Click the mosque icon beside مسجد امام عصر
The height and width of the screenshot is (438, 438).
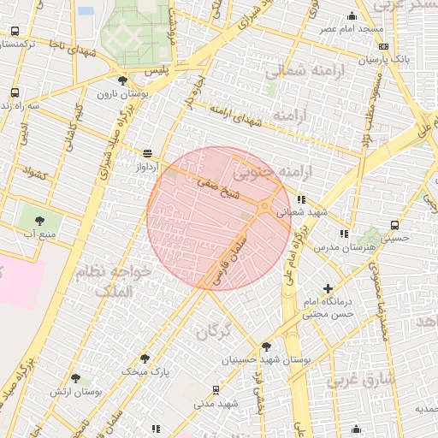352,15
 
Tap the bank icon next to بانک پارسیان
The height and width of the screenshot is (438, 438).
383,47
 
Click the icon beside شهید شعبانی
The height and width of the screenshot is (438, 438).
300,199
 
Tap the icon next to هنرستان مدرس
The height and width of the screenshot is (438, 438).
344,233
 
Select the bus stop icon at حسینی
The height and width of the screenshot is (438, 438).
394,226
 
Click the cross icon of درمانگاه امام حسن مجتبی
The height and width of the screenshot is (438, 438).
328,288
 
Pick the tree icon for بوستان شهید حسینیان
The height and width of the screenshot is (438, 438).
266,346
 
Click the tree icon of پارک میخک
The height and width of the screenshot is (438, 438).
144,358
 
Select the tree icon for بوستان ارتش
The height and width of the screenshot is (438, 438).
75,377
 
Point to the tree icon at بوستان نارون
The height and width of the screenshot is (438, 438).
123,80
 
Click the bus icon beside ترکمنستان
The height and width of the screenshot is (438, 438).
15,31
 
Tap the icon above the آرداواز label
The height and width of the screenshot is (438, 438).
148,153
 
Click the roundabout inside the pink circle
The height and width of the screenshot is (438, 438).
264,206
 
